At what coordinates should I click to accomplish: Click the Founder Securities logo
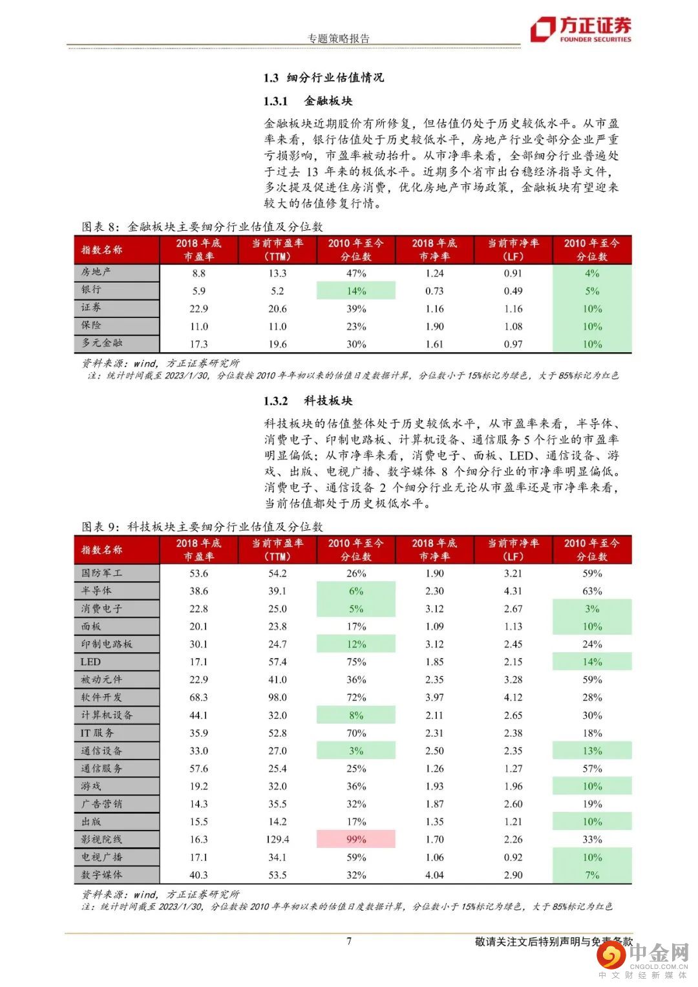[580, 29]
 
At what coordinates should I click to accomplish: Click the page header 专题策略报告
[339, 38]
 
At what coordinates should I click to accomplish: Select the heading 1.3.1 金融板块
[308, 101]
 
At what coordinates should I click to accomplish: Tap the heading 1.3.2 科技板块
[308, 401]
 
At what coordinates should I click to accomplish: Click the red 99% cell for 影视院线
[355, 839]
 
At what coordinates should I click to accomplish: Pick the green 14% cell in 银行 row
[355, 291]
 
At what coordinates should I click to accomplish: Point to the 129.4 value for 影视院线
[277, 839]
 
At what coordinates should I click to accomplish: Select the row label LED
[90, 661]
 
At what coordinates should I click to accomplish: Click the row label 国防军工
[101, 573]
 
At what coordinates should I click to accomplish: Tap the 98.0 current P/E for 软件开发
[277, 697]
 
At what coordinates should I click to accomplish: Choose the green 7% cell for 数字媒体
[592, 875]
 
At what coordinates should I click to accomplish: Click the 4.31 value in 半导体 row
[513, 591]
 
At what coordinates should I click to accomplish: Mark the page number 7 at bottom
[349, 940]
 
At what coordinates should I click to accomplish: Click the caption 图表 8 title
[202, 227]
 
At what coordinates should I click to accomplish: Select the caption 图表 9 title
[202, 527]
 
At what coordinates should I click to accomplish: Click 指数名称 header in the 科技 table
[101, 549]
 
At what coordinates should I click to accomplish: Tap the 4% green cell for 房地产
[592, 273]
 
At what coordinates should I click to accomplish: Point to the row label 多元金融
[101, 343]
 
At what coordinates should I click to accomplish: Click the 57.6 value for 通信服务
[198, 769]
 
